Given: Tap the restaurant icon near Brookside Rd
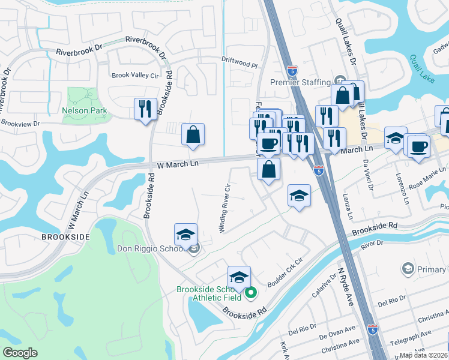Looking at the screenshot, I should [x=145, y=109].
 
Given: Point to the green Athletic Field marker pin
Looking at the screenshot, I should [x=252, y=293].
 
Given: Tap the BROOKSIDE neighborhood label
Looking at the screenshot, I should [x=65, y=237].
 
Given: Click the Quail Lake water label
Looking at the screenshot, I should [x=423, y=68].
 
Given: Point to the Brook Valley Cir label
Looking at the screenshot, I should [x=136, y=76].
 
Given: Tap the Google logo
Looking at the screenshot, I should [x=20, y=353].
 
